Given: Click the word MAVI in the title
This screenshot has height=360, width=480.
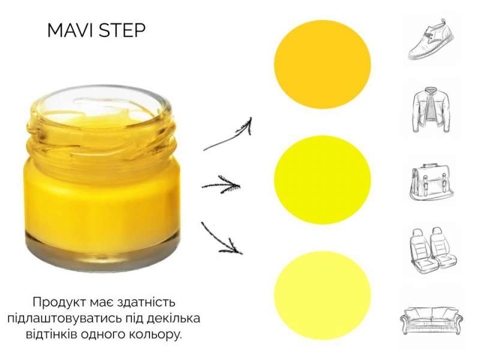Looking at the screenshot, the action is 70,31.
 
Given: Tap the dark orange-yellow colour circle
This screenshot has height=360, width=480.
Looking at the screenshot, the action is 322,64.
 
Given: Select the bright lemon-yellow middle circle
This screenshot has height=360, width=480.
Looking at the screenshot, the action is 322,179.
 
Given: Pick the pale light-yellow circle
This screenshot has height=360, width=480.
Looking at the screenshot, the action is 322,295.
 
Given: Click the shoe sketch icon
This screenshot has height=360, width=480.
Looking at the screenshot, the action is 431,40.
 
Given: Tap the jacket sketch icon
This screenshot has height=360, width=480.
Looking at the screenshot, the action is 431,110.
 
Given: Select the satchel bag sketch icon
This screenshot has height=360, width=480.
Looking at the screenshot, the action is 431,182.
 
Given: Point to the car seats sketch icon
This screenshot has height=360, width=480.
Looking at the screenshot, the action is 433,250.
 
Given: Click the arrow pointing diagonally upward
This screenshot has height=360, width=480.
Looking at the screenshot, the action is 228,137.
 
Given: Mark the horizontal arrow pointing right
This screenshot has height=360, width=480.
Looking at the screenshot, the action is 221,185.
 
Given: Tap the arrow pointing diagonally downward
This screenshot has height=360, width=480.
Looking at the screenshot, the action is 221,239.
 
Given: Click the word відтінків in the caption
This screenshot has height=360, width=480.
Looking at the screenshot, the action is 52,334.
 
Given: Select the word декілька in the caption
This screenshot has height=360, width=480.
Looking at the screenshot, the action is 173,318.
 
